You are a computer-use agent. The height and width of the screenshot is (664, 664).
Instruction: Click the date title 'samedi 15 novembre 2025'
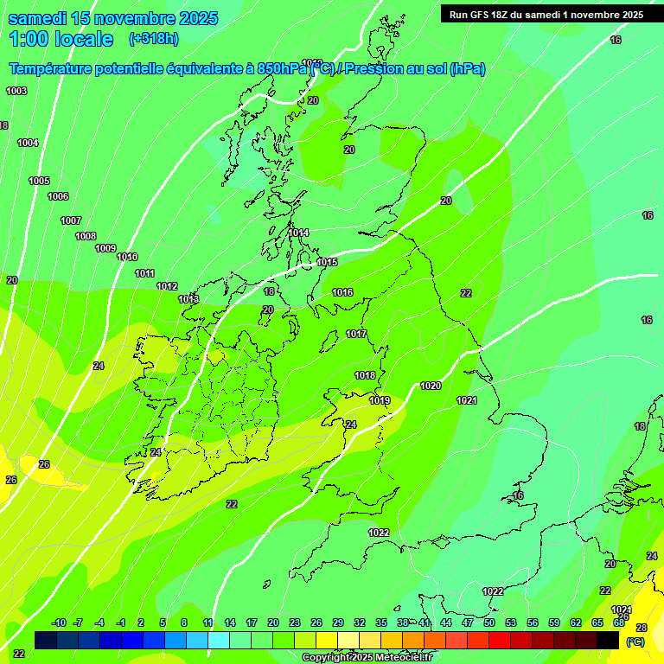coord(113,18)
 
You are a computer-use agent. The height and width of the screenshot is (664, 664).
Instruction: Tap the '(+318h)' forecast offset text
coord(154,38)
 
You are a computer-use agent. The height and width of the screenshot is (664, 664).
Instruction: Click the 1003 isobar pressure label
coord(16,91)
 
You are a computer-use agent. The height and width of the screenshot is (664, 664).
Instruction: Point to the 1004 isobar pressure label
coord(28,143)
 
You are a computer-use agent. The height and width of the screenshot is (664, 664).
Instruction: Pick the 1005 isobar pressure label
coord(39,181)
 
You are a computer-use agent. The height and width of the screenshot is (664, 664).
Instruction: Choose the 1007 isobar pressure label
coord(71,220)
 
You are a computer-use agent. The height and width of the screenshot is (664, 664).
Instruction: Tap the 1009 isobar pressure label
coord(105,248)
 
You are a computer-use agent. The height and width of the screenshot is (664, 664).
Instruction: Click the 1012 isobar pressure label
coord(167,286)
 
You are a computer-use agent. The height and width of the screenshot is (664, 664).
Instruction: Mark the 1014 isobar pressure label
coord(299,233)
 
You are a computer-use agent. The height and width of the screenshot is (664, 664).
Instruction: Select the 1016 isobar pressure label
coord(342,292)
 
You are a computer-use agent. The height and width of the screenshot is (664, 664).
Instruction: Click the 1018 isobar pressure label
coord(365,375)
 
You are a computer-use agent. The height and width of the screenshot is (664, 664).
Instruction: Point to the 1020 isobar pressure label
coord(431,386)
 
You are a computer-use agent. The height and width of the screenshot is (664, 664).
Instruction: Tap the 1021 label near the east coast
coord(467,399)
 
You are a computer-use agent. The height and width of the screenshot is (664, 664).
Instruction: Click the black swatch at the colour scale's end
coord(609,640)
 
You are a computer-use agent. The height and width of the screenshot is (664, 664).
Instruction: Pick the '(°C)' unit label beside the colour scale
coord(635,642)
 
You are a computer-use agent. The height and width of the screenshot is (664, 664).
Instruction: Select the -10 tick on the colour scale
coord(59,622)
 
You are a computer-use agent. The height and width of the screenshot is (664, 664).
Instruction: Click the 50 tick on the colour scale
coord(489,622)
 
